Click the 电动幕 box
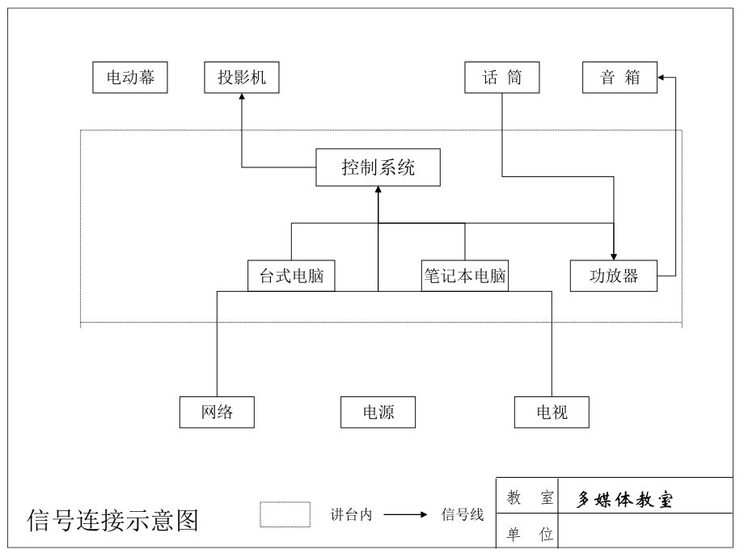pos(130,78)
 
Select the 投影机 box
pos(242,78)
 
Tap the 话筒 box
pos(502,78)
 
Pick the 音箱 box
pos(620,78)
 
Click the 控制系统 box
pos(378,167)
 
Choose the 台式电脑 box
pos(291,276)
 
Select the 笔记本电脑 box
pos(465,276)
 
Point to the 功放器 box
pos(614,276)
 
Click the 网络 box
pos(217,412)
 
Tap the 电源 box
pos(378,412)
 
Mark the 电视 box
pos(552,412)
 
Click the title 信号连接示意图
pos(112,520)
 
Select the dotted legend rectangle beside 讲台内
pos(285,514)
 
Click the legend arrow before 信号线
pos(405,514)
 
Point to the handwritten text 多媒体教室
pos(624,499)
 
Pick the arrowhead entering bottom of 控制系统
pos(378,190)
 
